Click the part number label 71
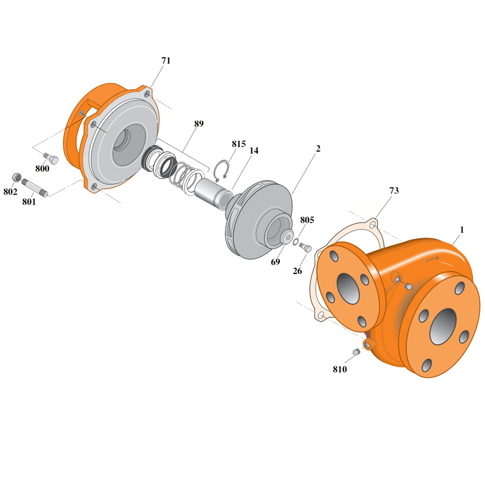click(166, 61)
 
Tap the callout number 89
click(199, 124)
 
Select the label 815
click(239, 144)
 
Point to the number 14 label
click(254, 151)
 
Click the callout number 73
click(394, 191)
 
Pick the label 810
click(340, 369)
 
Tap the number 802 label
click(10, 192)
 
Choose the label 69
click(275, 262)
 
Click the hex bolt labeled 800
click(51, 159)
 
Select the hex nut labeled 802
click(16, 178)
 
